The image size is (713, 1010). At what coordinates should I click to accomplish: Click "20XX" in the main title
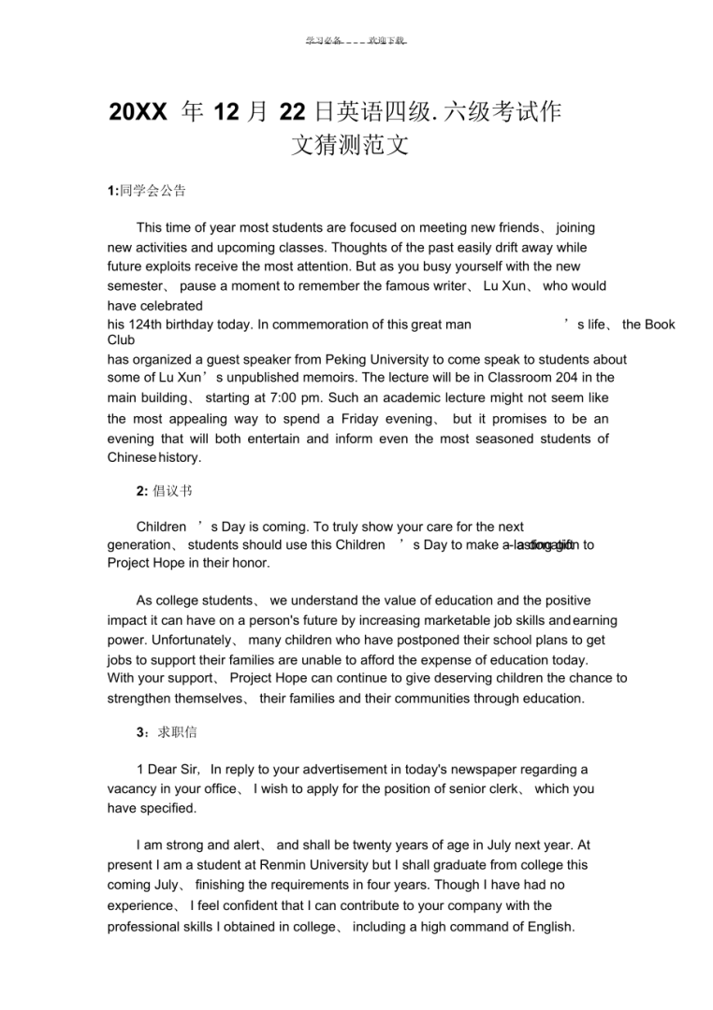(x=138, y=113)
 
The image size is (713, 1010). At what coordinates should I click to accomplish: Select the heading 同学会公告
(x=152, y=191)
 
